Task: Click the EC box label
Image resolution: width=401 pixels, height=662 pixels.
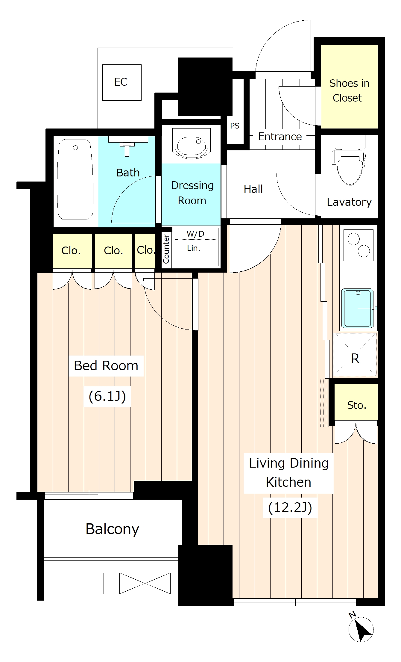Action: [x=121, y=82]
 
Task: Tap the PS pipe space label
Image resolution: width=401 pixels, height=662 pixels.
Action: [x=235, y=126]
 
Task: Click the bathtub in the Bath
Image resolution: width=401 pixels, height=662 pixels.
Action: [x=75, y=180]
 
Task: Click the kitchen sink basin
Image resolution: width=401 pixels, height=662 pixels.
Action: [x=357, y=308]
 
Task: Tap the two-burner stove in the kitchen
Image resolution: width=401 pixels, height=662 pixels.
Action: [x=359, y=245]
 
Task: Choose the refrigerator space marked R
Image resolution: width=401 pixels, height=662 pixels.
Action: [x=355, y=355]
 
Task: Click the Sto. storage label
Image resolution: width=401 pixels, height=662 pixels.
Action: [x=357, y=405]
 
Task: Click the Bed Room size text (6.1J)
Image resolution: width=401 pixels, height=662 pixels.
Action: [x=107, y=396]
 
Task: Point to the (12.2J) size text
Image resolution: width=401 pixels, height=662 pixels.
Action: [x=290, y=507]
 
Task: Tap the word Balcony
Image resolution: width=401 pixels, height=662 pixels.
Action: [x=112, y=529]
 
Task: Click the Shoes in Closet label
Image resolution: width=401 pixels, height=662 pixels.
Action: [x=349, y=90]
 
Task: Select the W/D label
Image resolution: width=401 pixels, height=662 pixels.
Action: [x=195, y=234]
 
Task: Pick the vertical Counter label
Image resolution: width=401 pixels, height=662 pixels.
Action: [x=166, y=249]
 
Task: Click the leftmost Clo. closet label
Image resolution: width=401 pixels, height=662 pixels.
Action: [x=71, y=250]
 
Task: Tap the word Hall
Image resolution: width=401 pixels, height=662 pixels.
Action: [x=253, y=189]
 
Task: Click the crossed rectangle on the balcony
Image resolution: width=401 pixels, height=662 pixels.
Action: [x=145, y=583]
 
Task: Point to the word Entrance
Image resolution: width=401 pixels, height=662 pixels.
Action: [x=280, y=137]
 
